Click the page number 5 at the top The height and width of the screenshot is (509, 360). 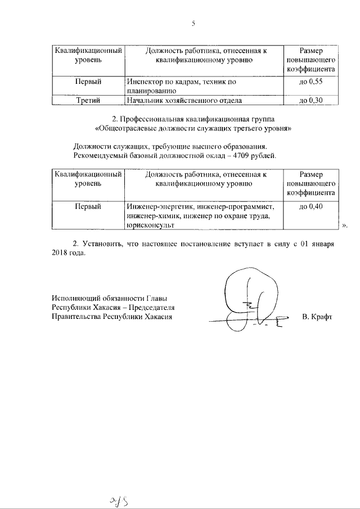tap(193, 23)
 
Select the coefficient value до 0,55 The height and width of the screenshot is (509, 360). tap(310, 82)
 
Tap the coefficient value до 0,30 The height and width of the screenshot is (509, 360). tap(310, 101)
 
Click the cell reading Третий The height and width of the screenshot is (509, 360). tap(88, 101)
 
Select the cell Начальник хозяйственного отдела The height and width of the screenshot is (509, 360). tap(184, 101)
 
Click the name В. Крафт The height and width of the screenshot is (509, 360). tap(317, 317)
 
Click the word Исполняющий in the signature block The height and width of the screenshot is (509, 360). tap(74, 298)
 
